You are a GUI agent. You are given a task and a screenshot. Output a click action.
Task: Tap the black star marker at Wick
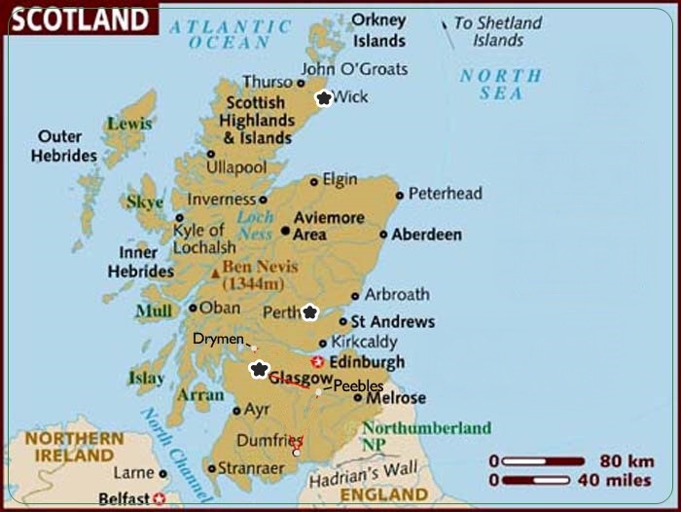point(324,97)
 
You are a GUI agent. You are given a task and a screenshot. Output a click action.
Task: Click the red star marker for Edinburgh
point(317,362)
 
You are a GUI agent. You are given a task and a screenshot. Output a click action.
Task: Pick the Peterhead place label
point(445,194)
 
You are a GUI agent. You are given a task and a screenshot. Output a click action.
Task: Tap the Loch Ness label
point(255,225)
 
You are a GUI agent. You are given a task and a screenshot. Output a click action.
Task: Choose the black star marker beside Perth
point(309,312)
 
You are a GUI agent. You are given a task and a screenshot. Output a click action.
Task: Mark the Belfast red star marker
point(159,499)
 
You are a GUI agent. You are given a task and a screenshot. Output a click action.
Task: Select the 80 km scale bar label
point(627,460)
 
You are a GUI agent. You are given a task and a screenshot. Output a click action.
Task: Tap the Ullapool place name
point(235,167)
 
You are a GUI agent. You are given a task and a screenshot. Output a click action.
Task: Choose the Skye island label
point(145,202)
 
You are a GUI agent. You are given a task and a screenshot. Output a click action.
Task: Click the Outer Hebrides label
point(64,146)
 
